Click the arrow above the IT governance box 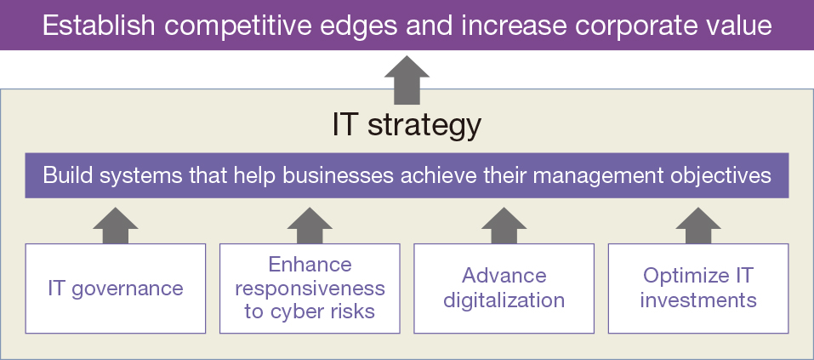[115, 226]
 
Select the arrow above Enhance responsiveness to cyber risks [310, 226]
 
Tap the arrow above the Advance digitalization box [504, 226]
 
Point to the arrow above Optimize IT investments [698, 226]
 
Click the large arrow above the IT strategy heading [407, 81]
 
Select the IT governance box [115, 289]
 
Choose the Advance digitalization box [504, 289]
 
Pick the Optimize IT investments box [698, 289]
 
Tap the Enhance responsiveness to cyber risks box [310, 289]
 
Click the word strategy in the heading [424, 126]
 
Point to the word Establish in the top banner [98, 26]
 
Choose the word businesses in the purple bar [338, 175]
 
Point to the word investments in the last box [698, 300]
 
